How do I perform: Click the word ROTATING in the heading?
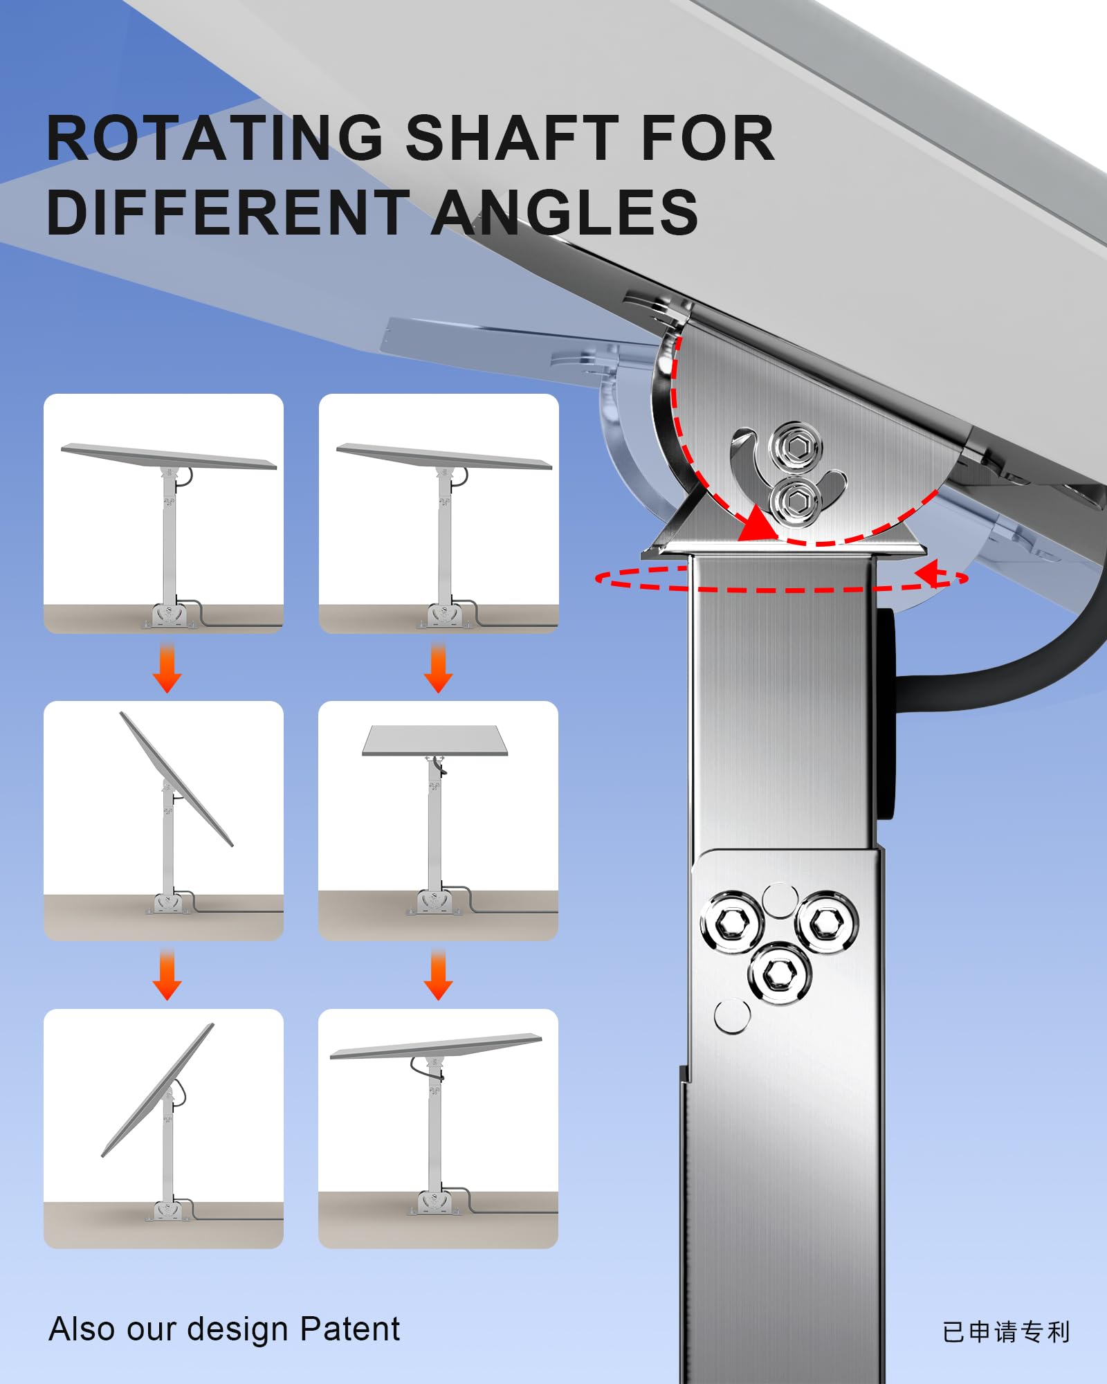[214, 138]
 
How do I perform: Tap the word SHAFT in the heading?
[512, 138]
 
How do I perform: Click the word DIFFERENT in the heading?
[228, 212]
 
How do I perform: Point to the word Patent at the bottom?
[349, 1329]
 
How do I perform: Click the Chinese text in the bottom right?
[1006, 1332]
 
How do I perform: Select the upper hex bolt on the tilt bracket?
[796, 447]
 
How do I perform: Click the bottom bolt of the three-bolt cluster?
[779, 974]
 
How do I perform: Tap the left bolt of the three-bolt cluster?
[731, 922]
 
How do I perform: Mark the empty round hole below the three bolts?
[731, 1016]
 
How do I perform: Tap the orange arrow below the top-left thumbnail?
[167, 668]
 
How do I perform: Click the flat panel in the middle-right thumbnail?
[434, 740]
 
